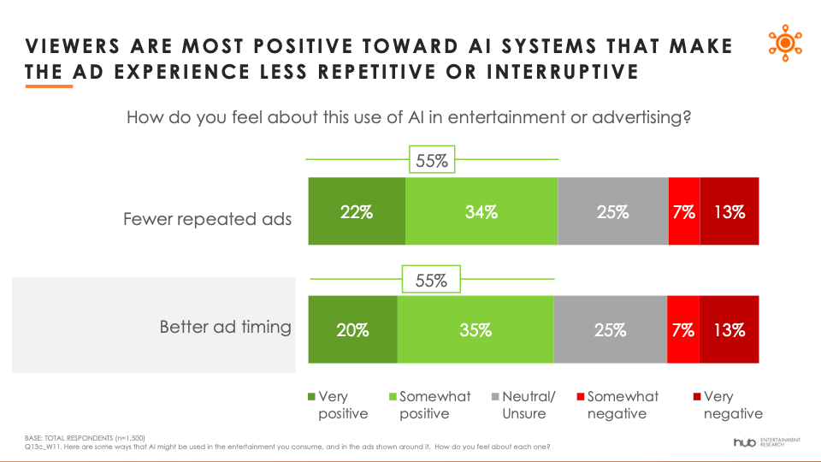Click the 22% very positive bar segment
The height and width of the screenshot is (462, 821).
357,211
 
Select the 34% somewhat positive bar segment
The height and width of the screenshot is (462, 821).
481,211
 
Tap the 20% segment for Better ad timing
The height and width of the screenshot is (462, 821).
352,329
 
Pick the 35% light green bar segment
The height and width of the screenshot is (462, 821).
475,329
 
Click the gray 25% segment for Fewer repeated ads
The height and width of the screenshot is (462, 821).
613,211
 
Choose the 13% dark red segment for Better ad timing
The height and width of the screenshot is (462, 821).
729,329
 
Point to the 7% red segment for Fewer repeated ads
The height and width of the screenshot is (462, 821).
684,211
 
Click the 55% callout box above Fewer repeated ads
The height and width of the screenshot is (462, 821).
432,160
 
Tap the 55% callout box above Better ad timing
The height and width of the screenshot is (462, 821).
431,279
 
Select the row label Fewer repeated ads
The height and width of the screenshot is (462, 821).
207,219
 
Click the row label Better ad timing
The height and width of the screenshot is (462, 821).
226,327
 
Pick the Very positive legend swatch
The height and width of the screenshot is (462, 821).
311,396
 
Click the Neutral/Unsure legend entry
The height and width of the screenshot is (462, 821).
524,405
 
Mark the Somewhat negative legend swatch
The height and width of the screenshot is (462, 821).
580,396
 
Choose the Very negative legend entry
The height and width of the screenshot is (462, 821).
728,405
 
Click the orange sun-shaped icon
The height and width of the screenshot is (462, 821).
785,43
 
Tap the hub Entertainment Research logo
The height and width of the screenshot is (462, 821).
767,442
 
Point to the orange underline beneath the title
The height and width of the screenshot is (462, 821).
49,86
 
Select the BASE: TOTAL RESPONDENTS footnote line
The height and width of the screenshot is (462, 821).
85,438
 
